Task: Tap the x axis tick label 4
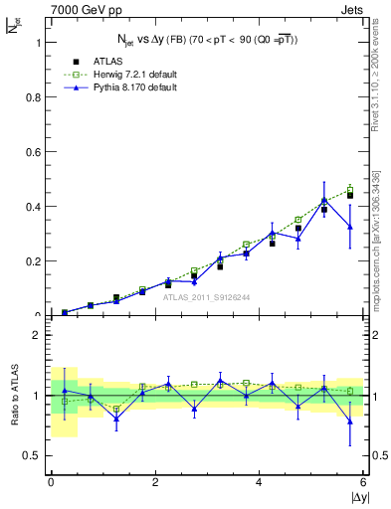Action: coord(260,482)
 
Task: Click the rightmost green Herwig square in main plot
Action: coord(349,190)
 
